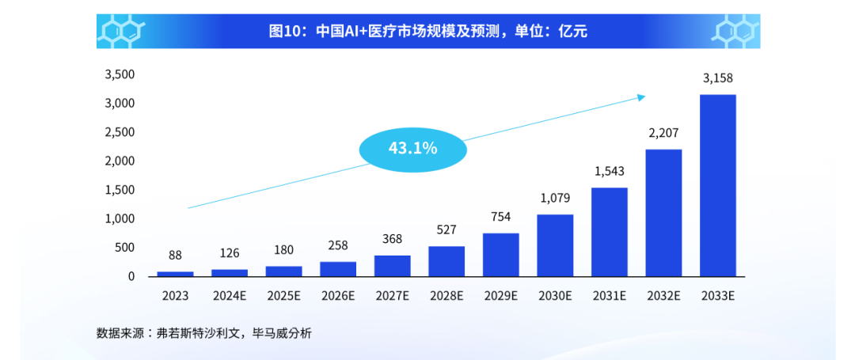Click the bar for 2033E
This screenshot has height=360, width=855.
coord(718,185)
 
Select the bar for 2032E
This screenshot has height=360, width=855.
coord(663,213)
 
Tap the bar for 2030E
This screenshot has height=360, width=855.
coord(555,245)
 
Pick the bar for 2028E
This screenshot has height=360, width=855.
coord(446,261)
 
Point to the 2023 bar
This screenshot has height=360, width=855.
coord(175,274)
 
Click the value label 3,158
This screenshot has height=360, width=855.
coord(718,78)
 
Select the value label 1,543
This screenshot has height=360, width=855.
coord(610,171)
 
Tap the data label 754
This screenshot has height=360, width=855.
coord(500,217)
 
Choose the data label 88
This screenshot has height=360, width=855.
coord(175,256)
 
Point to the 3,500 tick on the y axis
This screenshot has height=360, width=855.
coord(120,74)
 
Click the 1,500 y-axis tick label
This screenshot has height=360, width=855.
coord(120,190)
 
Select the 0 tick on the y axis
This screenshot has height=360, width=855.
coord(131,276)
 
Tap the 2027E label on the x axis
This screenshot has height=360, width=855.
coord(392,297)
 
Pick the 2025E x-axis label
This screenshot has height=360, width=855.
coord(283,297)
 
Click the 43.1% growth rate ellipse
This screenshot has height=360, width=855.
coord(412,147)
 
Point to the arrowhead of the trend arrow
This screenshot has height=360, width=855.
coord(642,97)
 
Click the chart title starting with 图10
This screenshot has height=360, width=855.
coord(428,32)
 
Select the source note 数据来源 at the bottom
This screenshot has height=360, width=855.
coord(204,333)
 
